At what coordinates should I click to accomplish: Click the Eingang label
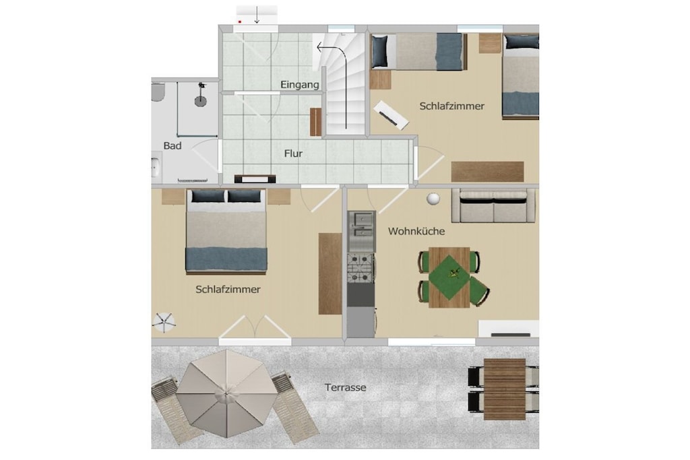point(300,85)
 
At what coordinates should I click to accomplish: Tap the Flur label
point(293,154)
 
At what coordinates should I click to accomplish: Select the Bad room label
point(172,145)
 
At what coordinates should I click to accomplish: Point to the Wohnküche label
point(416,231)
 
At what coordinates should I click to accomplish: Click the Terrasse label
point(346,387)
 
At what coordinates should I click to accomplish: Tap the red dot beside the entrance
point(240,21)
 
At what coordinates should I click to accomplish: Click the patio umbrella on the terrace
point(226,393)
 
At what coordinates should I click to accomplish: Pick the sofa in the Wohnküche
point(493,206)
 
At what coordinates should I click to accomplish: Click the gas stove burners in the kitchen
point(360,268)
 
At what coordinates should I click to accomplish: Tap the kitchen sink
point(361,225)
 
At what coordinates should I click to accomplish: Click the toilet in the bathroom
point(158,92)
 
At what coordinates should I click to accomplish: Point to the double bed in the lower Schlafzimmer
point(226,231)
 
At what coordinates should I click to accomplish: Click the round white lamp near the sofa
point(433,199)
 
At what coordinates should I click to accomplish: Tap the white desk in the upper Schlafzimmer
point(391,115)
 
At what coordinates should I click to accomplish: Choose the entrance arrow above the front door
point(257,15)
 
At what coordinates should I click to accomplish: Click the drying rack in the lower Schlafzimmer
point(164,323)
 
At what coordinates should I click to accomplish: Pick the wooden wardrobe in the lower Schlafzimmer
point(330,273)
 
